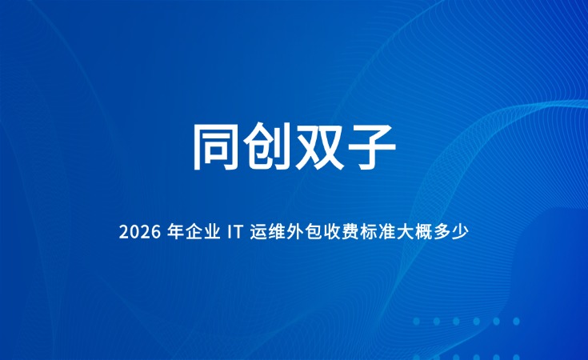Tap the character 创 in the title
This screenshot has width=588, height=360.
[x=267, y=146]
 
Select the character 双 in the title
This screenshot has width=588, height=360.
[x=319, y=146]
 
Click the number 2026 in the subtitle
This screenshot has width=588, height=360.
[x=139, y=233]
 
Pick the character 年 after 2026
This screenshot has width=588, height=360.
[x=175, y=232]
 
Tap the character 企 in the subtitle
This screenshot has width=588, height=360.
[x=194, y=232]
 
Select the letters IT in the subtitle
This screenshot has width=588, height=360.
[x=234, y=233]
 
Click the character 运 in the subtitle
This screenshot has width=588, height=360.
[x=258, y=232]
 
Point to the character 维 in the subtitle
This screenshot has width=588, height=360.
[x=277, y=232]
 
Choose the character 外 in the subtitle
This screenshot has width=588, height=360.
[x=295, y=232]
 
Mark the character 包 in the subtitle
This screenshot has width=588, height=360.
[x=314, y=232]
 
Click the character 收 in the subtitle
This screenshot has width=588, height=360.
[x=332, y=232]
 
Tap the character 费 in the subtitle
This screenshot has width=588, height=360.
[x=350, y=232]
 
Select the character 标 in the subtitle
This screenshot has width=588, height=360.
[x=369, y=232]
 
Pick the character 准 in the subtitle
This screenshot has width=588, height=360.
[x=387, y=232]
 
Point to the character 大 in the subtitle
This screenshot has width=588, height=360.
[x=406, y=232]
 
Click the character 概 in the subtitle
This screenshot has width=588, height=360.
[x=424, y=232]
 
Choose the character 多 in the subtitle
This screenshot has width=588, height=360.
[x=442, y=232]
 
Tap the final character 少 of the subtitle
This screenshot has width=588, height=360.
[x=461, y=232]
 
